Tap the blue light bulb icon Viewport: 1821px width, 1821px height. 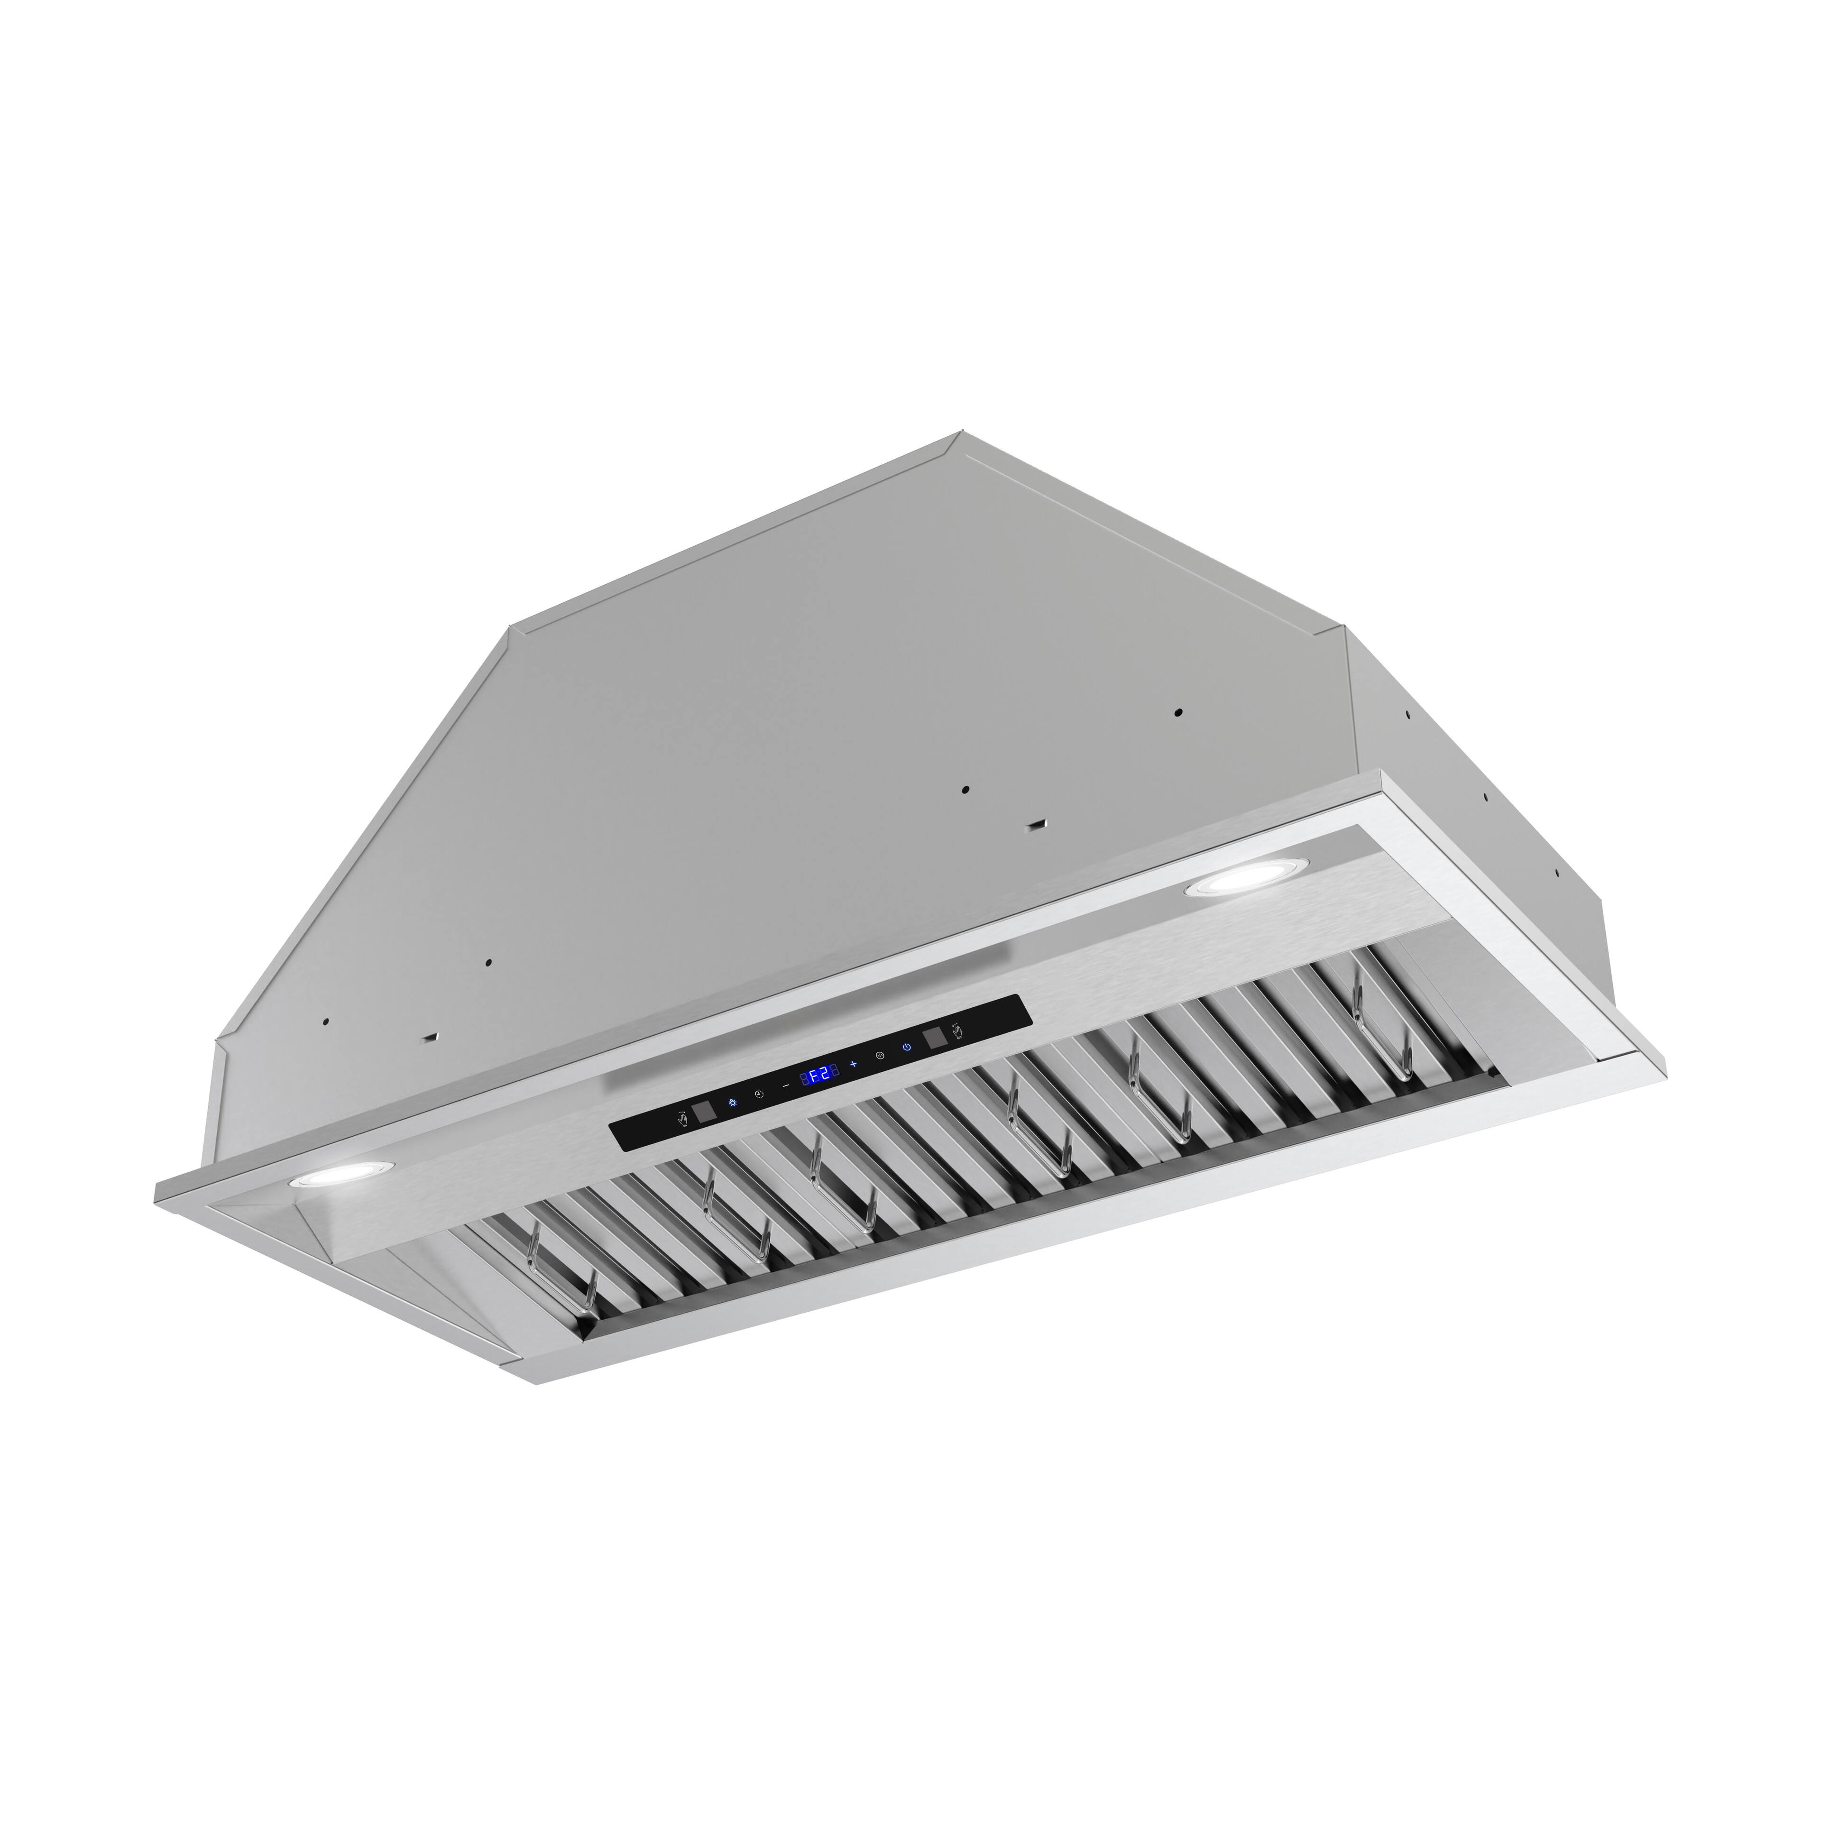point(732,1103)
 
